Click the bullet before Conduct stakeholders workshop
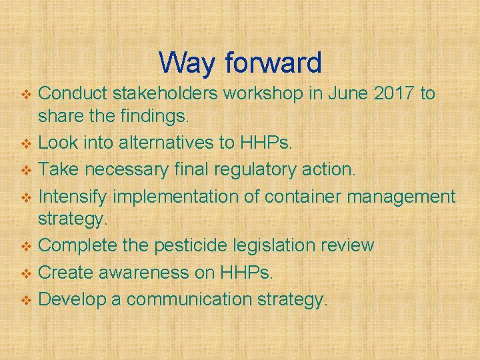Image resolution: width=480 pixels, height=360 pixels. click(27, 94)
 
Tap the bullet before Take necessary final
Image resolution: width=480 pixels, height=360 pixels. click(27, 170)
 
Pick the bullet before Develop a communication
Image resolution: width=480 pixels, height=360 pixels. click(27, 300)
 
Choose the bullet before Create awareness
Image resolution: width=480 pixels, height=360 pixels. click(27, 273)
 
